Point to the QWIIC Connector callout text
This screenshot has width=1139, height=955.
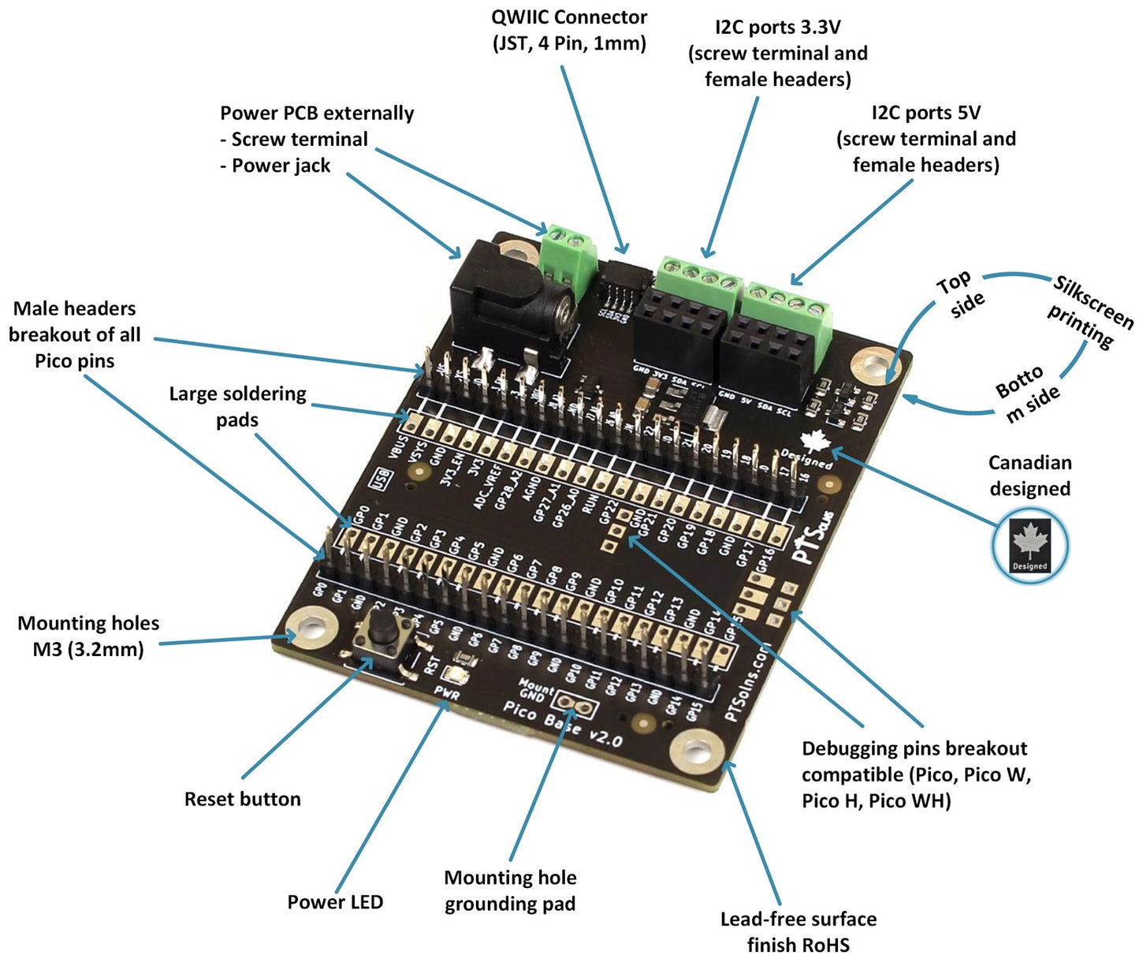pyautogui.click(x=569, y=30)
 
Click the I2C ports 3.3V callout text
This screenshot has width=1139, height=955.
pyautogui.click(x=778, y=53)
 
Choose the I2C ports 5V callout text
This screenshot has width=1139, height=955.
pyautogui.click(x=926, y=139)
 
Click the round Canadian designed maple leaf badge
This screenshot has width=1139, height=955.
pyautogui.click(x=1029, y=545)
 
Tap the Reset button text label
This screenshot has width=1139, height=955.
pyautogui.click(x=243, y=799)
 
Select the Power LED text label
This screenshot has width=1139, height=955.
pyautogui.click(x=335, y=902)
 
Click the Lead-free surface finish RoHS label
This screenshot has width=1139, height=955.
pyautogui.click(x=798, y=931)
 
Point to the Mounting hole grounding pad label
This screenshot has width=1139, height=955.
pyautogui.click(x=510, y=890)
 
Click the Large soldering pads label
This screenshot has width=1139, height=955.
pyautogui.click(x=237, y=406)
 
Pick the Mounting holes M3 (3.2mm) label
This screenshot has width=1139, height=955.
pyautogui.click(x=88, y=636)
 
